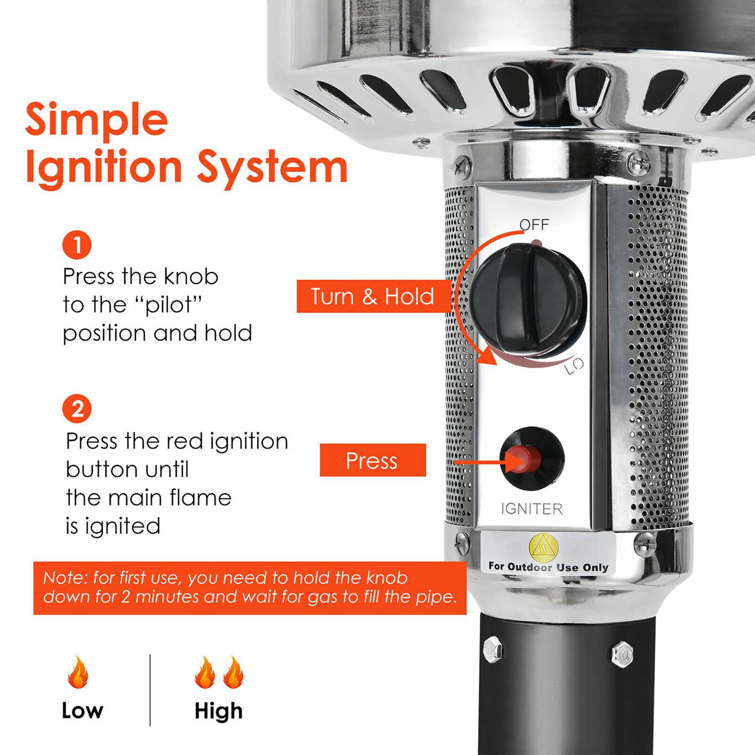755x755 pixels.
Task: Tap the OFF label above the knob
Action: click(x=535, y=224)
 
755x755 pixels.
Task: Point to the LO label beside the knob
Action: click(x=574, y=366)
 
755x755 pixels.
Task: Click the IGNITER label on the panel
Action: click(x=532, y=509)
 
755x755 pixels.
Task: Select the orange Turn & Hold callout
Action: click(x=372, y=296)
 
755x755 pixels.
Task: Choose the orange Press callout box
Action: click(x=373, y=460)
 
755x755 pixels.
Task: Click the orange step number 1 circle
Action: click(x=77, y=245)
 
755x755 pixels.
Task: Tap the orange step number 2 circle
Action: click(x=77, y=409)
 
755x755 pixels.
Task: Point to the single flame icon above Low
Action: click(x=78, y=672)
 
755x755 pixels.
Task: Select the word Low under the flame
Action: click(x=83, y=711)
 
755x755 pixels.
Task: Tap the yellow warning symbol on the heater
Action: click(x=544, y=547)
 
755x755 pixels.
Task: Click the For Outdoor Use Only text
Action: click(x=548, y=567)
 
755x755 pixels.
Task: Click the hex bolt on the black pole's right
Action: click(x=623, y=654)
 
